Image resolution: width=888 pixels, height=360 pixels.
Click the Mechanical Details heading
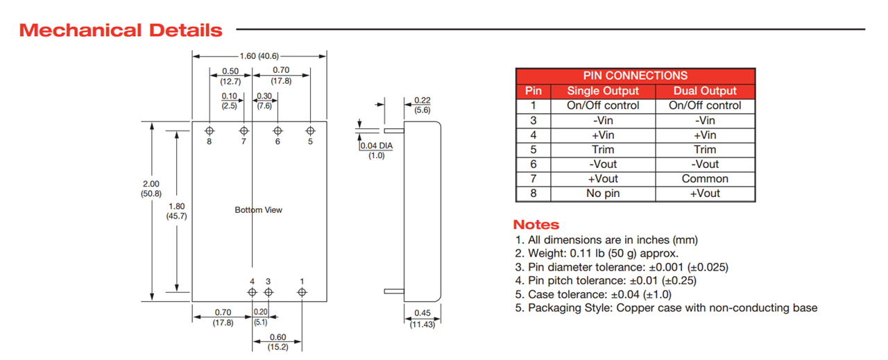[x=121, y=31]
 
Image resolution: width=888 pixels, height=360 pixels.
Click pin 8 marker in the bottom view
[x=210, y=130]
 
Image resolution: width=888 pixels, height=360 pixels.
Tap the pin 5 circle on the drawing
[x=310, y=130]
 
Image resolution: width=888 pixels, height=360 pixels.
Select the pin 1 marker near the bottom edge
[x=302, y=292]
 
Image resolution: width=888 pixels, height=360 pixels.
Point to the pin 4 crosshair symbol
[x=253, y=292]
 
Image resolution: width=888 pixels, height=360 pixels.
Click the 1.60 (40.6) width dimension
[x=259, y=56]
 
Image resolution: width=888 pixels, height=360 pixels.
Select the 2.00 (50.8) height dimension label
[x=151, y=188]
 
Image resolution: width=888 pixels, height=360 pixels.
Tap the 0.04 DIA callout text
[x=376, y=146]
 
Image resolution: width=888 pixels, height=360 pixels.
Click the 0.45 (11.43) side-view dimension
[x=422, y=318]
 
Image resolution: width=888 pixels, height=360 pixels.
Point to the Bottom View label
[x=259, y=209]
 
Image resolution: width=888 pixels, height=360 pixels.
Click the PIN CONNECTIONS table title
[x=635, y=76]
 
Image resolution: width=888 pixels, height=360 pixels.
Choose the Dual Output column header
[x=705, y=91]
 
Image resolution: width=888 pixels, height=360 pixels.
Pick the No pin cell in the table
[x=603, y=194]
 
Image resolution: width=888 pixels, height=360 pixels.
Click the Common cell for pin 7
[x=705, y=179]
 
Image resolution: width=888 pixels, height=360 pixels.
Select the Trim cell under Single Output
[x=603, y=150]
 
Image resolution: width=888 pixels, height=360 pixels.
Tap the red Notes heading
[x=536, y=225]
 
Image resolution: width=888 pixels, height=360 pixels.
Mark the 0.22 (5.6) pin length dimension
[x=422, y=105]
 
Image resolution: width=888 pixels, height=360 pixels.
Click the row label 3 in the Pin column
[x=533, y=121]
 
